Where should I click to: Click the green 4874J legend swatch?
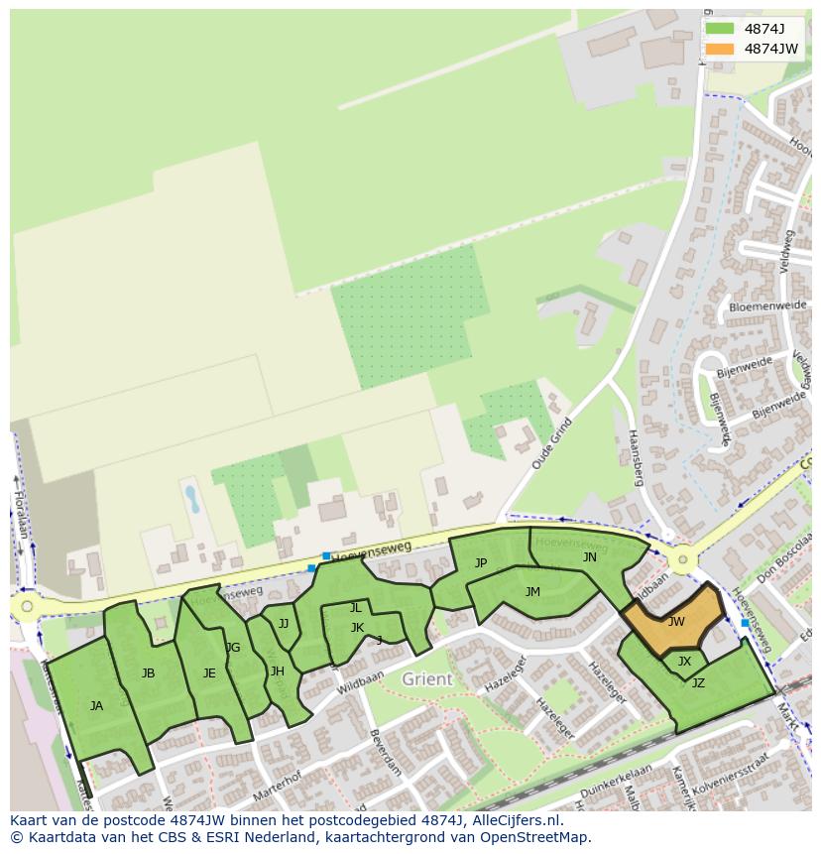pyautogui.click(x=720, y=29)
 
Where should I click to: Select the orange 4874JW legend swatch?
pyautogui.click(x=720, y=49)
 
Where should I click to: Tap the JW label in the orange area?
pyautogui.click(x=676, y=622)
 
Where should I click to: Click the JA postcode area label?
pyautogui.click(x=96, y=706)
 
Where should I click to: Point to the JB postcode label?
pyautogui.click(x=148, y=673)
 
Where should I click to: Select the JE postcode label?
pyautogui.click(x=209, y=673)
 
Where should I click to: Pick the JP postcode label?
pyautogui.click(x=481, y=563)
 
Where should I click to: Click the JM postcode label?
pyautogui.click(x=532, y=592)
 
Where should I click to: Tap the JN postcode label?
pyautogui.click(x=590, y=557)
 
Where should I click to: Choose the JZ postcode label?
pyautogui.click(x=698, y=682)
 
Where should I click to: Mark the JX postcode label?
pyautogui.click(x=684, y=662)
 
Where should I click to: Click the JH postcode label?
pyautogui.click(x=278, y=671)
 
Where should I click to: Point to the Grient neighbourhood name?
pyautogui.click(x=427, y=679)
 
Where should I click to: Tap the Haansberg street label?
pyautogui.click(x=636, y=459)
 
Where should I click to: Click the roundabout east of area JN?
pyautogui.click(x=681, y=560)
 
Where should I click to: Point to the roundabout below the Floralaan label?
pyautogui.click(x=27, y=606)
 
